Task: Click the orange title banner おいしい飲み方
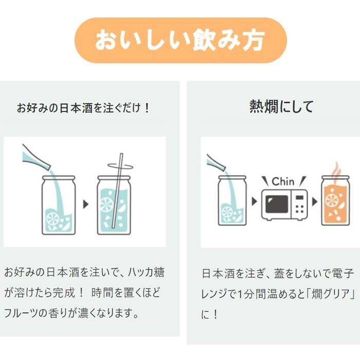tap(180, 40)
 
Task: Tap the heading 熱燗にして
tap(281, 106)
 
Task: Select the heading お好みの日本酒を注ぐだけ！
tap(84, 109)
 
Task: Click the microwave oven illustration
tap(284, 204)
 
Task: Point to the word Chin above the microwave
tap(283, 182)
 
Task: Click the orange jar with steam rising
tap(335, 201)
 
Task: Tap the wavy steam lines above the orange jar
tap(335, 168)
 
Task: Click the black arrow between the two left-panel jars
tap(86, 204)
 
